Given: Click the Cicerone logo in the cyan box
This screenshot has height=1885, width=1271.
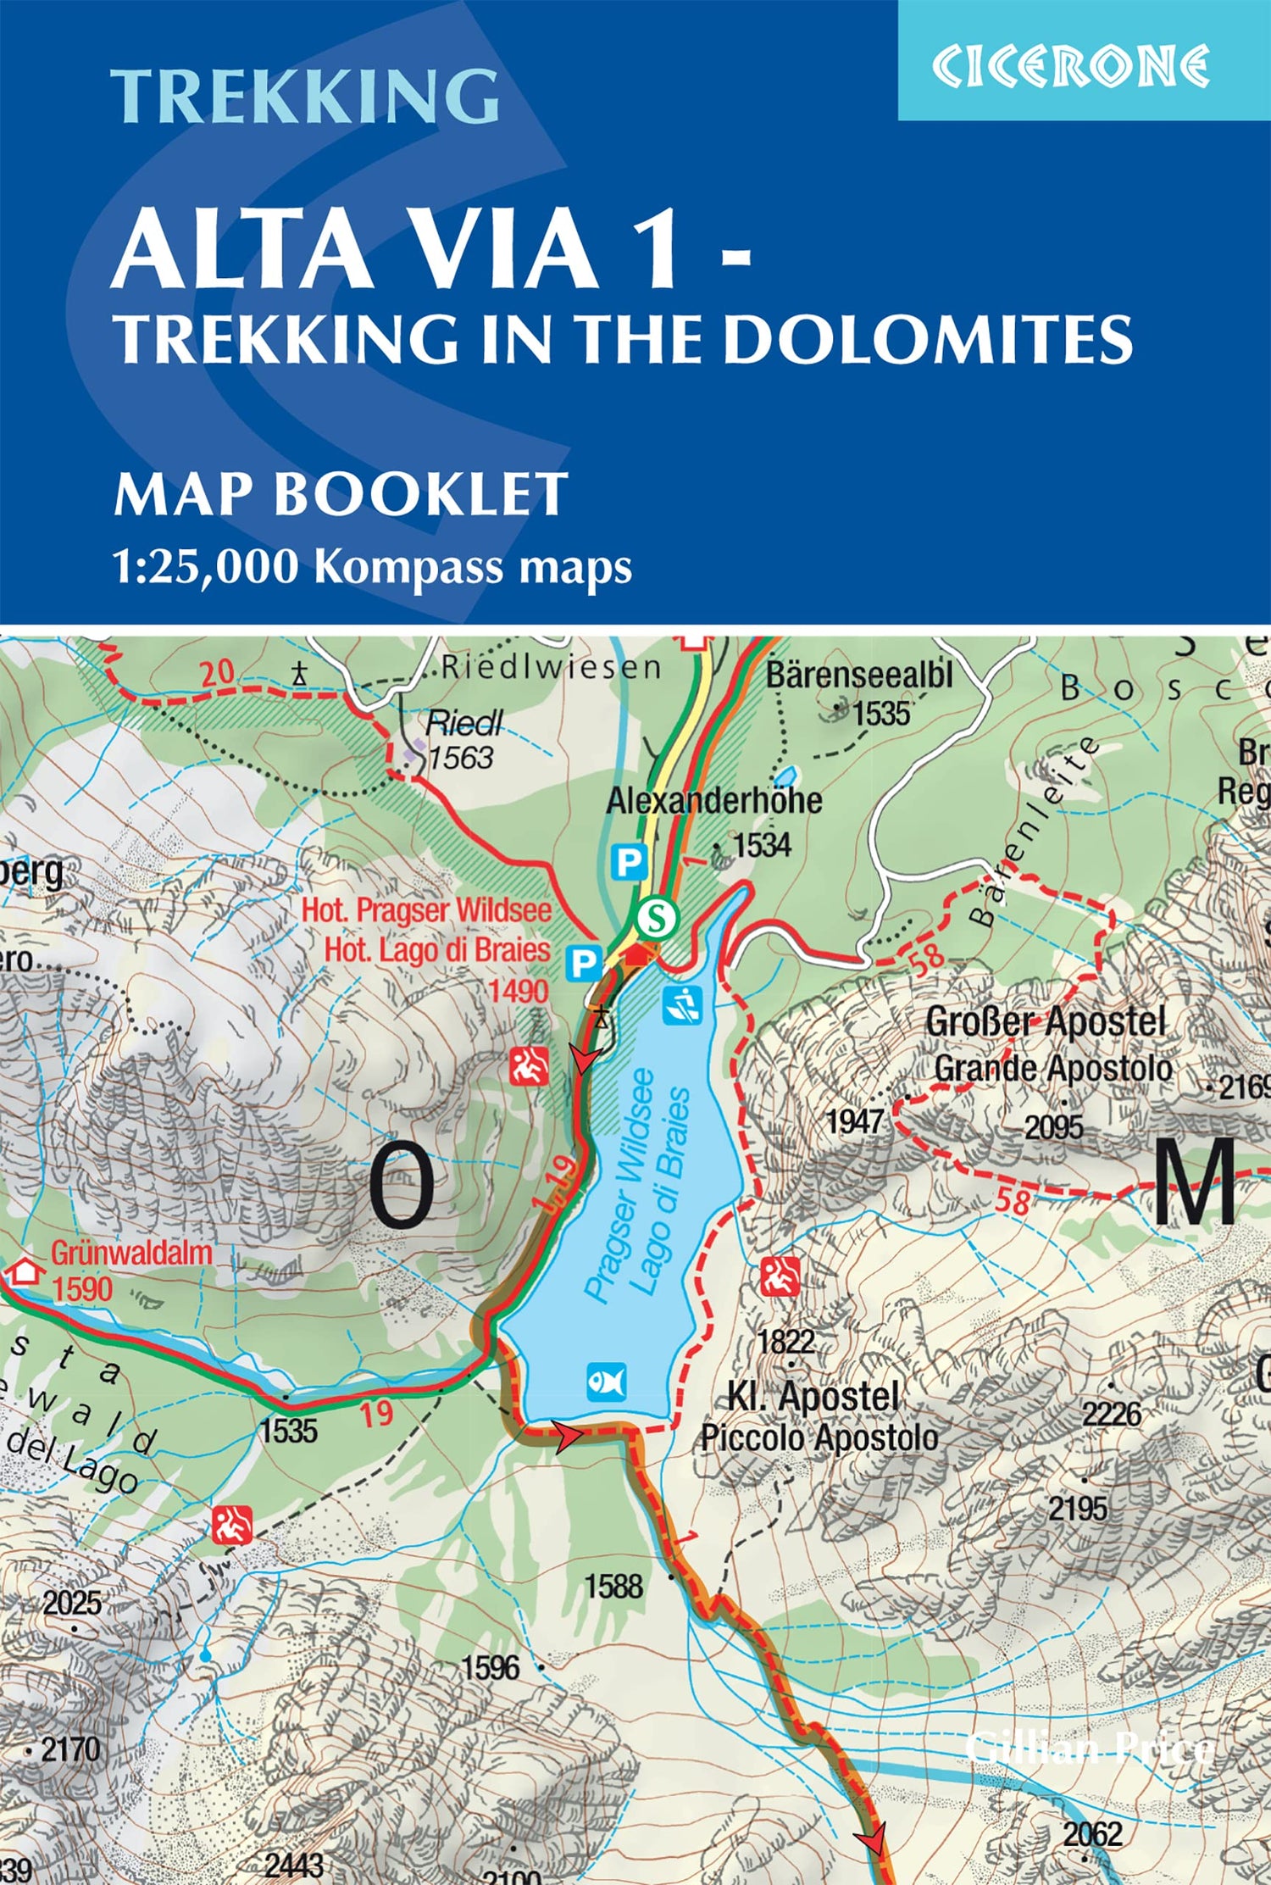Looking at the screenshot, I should (x=1071, y=66).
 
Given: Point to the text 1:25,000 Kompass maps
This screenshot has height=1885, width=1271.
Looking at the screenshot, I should (x=373, y=567).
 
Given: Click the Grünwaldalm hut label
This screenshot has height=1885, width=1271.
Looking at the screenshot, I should (x=131, y=1254).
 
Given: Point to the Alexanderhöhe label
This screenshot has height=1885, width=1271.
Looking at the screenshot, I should (x=713, y=801).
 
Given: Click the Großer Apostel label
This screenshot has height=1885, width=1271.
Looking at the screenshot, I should (x=1046, y=1022).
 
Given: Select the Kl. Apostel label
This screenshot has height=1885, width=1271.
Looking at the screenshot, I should (x=813, y=1396).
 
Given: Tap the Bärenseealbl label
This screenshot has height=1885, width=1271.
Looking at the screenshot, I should (x=859, y=676).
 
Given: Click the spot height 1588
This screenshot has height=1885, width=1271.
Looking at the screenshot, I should (x=614, y=1586).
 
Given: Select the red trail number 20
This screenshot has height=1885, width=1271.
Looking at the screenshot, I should (x=217, y=675).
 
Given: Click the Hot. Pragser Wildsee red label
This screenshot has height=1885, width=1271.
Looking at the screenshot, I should (x=426, y=910).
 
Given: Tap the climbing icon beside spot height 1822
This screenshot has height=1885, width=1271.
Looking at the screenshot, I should (x=780, y=1277).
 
